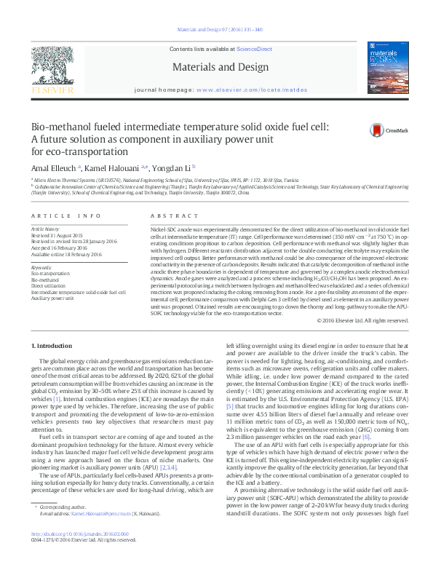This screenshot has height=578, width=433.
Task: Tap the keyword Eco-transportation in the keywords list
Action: coord(45,272)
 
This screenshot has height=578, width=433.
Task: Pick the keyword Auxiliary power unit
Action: coord(49,298)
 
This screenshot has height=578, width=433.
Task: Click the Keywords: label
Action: coord(41,266)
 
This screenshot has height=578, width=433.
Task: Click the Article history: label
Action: coord(44,228)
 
